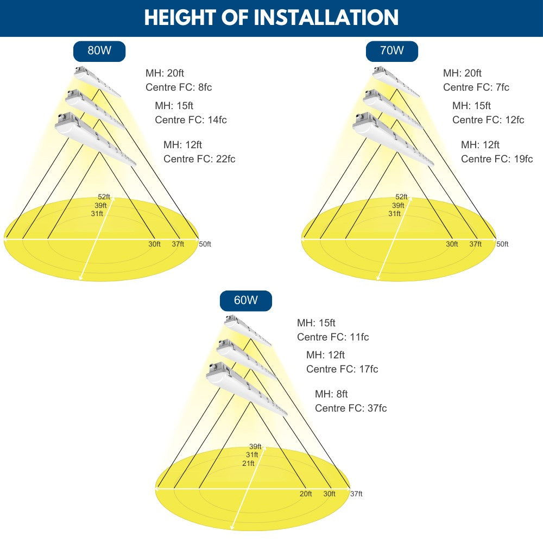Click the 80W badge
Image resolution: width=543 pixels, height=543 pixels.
click(99, 51)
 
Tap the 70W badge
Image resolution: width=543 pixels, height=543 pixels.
click(392, 51)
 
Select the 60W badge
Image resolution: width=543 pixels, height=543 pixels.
click(246, 300)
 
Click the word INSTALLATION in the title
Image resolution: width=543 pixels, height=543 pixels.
click(326, 17)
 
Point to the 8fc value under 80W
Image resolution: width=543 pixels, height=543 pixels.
click(205, 87)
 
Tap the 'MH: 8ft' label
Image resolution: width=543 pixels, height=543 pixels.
click(331, 394)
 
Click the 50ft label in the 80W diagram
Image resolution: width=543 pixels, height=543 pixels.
click(205, 244)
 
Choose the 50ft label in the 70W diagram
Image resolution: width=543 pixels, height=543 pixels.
click(502, 244)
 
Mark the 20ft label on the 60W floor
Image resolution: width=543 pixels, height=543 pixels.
click(306, 494)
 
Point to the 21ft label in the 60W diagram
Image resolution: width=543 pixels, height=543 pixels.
click(248, 463)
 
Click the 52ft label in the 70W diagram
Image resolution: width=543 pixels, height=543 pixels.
click(401, 197)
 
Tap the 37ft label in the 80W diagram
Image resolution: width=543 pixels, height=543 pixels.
click(178, 244)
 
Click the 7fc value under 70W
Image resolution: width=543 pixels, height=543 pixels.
click(502, 87)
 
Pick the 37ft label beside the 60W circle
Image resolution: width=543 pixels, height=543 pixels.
click(356, 494)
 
